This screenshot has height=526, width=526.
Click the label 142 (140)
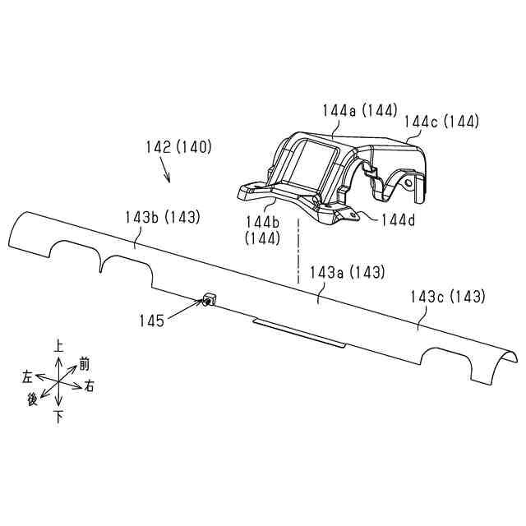click(x=179, y=147)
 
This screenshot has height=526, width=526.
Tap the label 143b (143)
click(x=163, y=217)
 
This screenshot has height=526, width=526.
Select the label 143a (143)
click(x=347, y=272)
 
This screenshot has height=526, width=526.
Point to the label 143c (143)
click(x=448, y=297)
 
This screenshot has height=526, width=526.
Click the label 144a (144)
click(x=360, y=110)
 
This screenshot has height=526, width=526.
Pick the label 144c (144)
click(x=441, y=121)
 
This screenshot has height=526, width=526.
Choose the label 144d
click(x=398, y=220)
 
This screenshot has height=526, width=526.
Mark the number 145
click(x=151, y=321)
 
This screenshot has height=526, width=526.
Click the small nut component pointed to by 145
click(x=209, y=299)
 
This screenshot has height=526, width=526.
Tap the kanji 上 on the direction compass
click(x=58, y=346)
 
